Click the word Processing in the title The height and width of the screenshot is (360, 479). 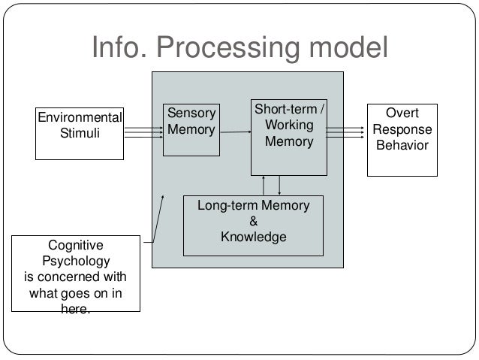coord(228,47)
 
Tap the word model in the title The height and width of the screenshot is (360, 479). coord(348,47)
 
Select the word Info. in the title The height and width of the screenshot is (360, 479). coord(119,47)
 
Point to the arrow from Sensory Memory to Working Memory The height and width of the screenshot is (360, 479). coord(236,132)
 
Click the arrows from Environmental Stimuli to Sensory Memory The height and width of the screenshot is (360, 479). coord(143,132)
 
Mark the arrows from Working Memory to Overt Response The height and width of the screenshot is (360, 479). coord(345,132)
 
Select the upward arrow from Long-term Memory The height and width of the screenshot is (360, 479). coord(264,186)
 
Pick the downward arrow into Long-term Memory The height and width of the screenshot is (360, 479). coord(279,186)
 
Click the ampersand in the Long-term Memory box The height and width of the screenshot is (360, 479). coord(253,221)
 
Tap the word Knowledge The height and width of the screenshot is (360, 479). coord(254,237)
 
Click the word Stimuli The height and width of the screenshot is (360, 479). coord(80,133)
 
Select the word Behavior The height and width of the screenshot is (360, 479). coord(402,145)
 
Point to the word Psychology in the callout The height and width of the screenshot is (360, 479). coord(76,262)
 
